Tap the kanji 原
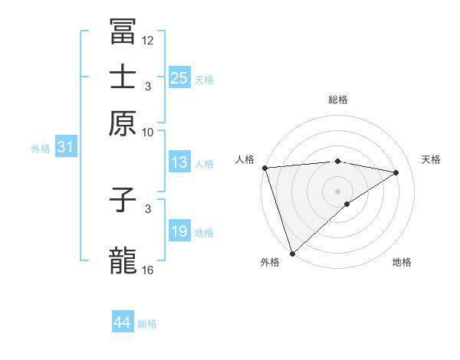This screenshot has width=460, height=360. tap(123, 123)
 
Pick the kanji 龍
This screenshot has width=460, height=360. tap(123, 260)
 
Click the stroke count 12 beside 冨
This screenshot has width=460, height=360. tap(148, 40)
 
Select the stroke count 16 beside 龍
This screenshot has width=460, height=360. tap(148, 270)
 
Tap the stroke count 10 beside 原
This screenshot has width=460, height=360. tap(148, 132)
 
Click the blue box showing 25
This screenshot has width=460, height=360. tap(179, 77)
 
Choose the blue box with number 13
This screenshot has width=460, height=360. tap(179, 162)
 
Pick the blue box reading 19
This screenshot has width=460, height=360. tap(179, 231)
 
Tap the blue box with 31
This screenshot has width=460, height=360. tap(65, 147)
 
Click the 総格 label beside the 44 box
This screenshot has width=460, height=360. tap(147, 324)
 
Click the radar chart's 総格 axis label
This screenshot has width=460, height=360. tap(338, 100)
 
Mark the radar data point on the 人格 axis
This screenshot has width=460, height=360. tap(264, 168)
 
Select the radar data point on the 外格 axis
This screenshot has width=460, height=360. tap(292, 253)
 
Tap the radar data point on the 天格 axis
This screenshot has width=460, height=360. tap(396, 172)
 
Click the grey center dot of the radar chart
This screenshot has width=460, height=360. tap(338, 191)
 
